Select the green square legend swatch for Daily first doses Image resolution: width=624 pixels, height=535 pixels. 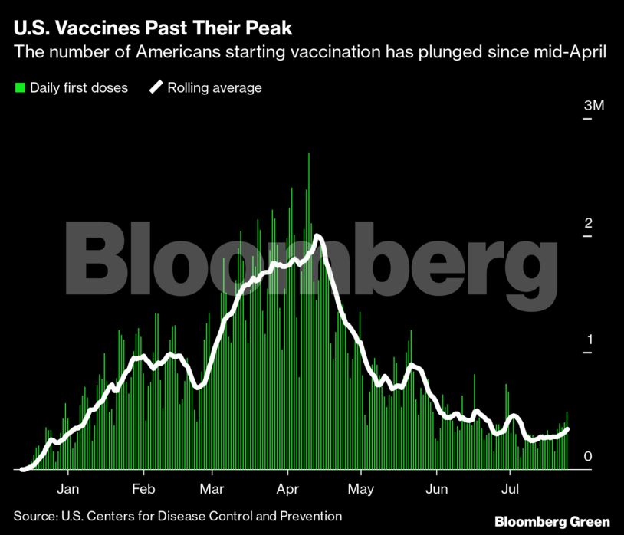click(x=20, y=88)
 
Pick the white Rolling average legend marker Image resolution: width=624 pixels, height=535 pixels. click(x=156, y=87)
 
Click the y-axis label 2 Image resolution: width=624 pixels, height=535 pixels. click(x=588, y=223)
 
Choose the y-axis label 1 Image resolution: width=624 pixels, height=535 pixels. click(x=588, y=340)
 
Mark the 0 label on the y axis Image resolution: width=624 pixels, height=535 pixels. click(x=588, y=457)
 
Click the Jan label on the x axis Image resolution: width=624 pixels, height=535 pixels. click(x=68, y=488)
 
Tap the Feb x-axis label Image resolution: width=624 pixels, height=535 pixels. click(x=143, y=488)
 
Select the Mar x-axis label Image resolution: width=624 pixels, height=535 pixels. click(x=212, y=488)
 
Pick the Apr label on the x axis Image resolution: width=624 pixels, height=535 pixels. click(x=287, y=488)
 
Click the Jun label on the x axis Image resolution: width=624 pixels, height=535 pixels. click(x=435, y=488)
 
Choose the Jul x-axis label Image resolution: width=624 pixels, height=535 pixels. click(x=509, y=488)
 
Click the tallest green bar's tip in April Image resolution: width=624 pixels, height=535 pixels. click(x=309, y=154)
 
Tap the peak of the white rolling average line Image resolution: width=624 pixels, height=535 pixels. click(x=317, y=237)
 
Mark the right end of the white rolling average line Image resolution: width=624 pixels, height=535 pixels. click(x=567, y=429)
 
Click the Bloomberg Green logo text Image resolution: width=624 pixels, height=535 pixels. click(x=552, y=520)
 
